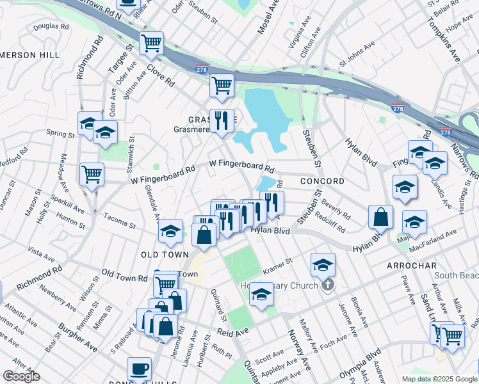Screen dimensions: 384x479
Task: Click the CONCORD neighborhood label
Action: [x=322, y=181]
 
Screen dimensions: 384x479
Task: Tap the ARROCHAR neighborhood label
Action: [x=411, y=265]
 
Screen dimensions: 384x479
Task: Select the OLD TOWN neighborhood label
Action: [x=165, y=255]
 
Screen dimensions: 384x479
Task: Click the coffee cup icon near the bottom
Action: [x=139, y=370]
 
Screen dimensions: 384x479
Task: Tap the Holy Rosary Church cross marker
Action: [x=327, y=285]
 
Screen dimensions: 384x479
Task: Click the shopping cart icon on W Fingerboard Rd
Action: [x=92, y=173]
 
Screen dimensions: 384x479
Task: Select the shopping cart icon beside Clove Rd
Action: [x=152, y=44]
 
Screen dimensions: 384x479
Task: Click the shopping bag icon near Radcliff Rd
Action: [x=380, y=217]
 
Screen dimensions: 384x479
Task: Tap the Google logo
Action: [x=21, y=376]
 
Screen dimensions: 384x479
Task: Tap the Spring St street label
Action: [x=60, y=134]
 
